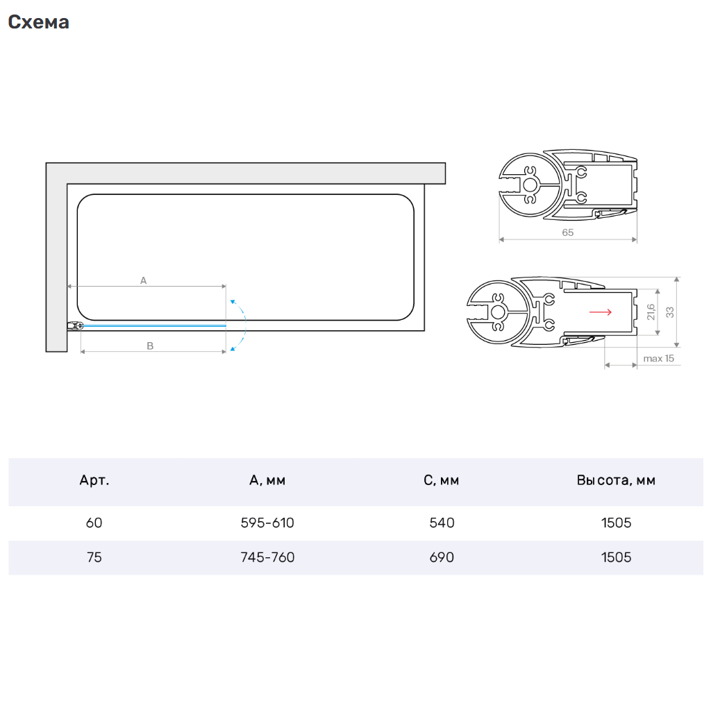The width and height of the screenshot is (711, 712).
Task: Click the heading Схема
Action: click(39, 22)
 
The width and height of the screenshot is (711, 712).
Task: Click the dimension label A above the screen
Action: click(144, 280)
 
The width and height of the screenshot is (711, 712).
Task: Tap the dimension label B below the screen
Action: click(150, 346)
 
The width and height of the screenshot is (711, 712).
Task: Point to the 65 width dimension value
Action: click(568, 232)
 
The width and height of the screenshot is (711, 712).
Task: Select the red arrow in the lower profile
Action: click(601, 312)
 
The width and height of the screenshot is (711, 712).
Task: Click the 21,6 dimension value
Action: click(651, 312)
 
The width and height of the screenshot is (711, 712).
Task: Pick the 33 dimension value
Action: click(670, 312)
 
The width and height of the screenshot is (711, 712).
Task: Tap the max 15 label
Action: click(659, 358)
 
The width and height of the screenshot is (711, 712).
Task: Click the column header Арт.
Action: click(94, 480)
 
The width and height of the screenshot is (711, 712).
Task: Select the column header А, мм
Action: click(267, 480)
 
